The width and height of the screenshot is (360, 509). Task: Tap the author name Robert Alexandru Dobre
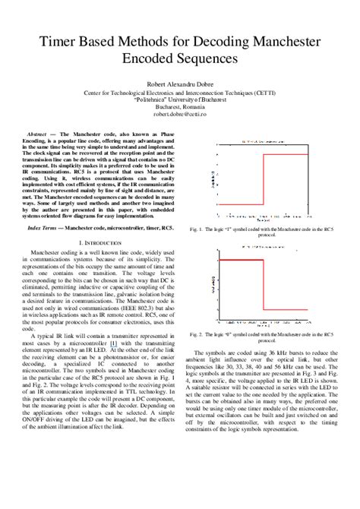pos(179,86)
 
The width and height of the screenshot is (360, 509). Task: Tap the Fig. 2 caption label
pos(201,311)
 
